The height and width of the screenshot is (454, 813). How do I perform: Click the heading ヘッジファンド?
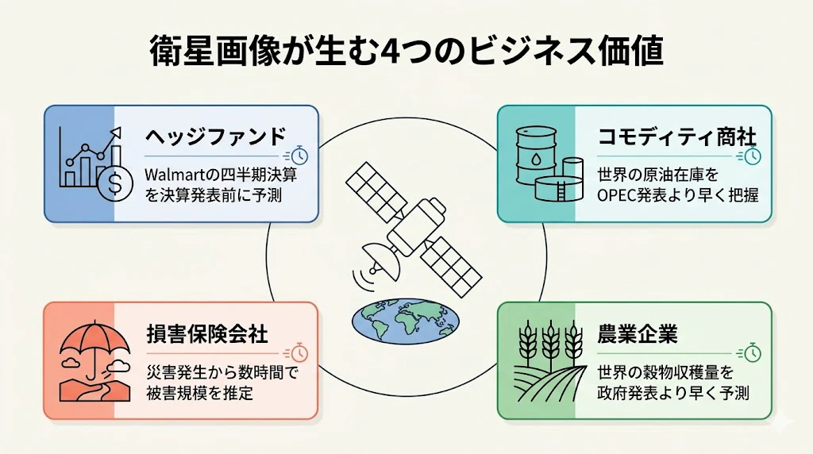click(215, 137)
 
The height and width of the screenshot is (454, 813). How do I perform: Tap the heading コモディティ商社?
click(677, 137)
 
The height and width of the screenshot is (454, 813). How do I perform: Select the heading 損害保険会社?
click(207, 334)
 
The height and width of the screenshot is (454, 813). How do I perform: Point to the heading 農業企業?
click(638, 334)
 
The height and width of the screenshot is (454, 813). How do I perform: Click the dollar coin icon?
click(115, 183)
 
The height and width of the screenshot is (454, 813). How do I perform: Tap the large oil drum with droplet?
click(536, 155)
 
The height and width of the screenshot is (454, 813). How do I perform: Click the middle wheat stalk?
click(550, 343)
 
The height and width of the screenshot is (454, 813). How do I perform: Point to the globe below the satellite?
click(406, 321)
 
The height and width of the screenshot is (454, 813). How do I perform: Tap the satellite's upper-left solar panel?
click(376, 192)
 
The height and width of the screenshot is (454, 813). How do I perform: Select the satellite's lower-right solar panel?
click(451, 267)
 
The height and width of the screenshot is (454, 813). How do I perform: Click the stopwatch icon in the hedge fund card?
click(299, 156)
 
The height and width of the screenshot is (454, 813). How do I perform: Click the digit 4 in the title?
click(386, 52)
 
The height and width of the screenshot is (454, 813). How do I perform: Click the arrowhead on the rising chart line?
click(116, 133)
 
